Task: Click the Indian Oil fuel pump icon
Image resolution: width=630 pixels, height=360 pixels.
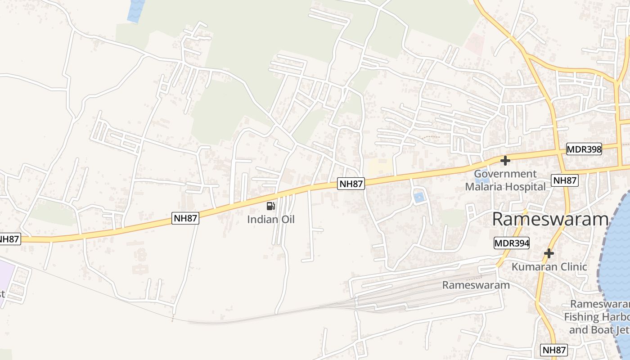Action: [x=270, y=206]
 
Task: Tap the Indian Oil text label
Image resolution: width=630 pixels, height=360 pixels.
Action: [x=270, y=220]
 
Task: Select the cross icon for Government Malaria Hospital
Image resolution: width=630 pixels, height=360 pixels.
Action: [x=505, y=160]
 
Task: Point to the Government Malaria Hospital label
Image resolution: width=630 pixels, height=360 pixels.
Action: [x=505, y=180]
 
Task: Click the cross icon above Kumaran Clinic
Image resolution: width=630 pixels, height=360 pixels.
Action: [x=549, y=253]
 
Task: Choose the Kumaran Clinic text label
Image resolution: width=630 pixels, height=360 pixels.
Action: [x=549, y=267]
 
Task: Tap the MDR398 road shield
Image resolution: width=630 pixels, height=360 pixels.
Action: [x=584, y=149]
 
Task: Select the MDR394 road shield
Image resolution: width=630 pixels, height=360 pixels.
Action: [x=512, y=243]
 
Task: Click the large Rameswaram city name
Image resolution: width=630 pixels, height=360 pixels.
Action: [x=550, y=220]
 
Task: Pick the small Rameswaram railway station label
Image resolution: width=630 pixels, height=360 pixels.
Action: [x=476, y=285]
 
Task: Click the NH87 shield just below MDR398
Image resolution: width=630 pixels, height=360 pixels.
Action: [x=565, y=180]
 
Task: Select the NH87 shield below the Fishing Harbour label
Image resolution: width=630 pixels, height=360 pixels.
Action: [x=554, y=350]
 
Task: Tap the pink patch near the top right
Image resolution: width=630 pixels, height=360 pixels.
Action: [x=474, y=43]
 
